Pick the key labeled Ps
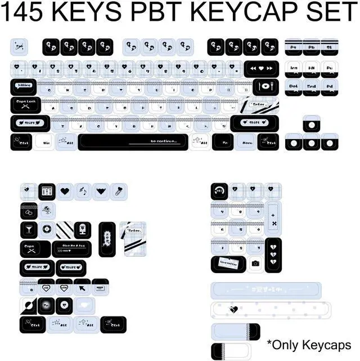294,48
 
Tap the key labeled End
311,86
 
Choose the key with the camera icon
255,263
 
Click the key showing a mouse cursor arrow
83,288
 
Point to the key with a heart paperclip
118,191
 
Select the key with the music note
82,191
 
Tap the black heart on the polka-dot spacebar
235,309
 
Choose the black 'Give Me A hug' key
71,249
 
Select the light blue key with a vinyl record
47,229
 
